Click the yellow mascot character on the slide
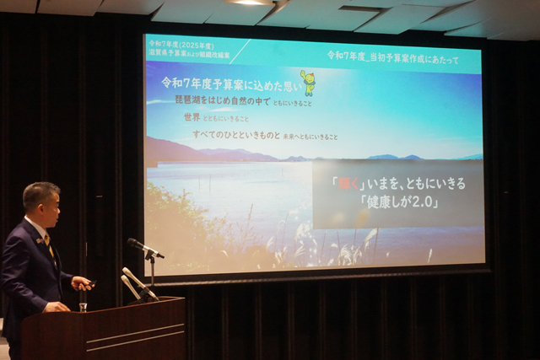coord(308,83)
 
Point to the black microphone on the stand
coord(144,248)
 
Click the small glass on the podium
coord(83,305)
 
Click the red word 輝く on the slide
coord(343,183)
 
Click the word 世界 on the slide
coord(192,117)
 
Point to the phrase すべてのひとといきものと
coord(235,135)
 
